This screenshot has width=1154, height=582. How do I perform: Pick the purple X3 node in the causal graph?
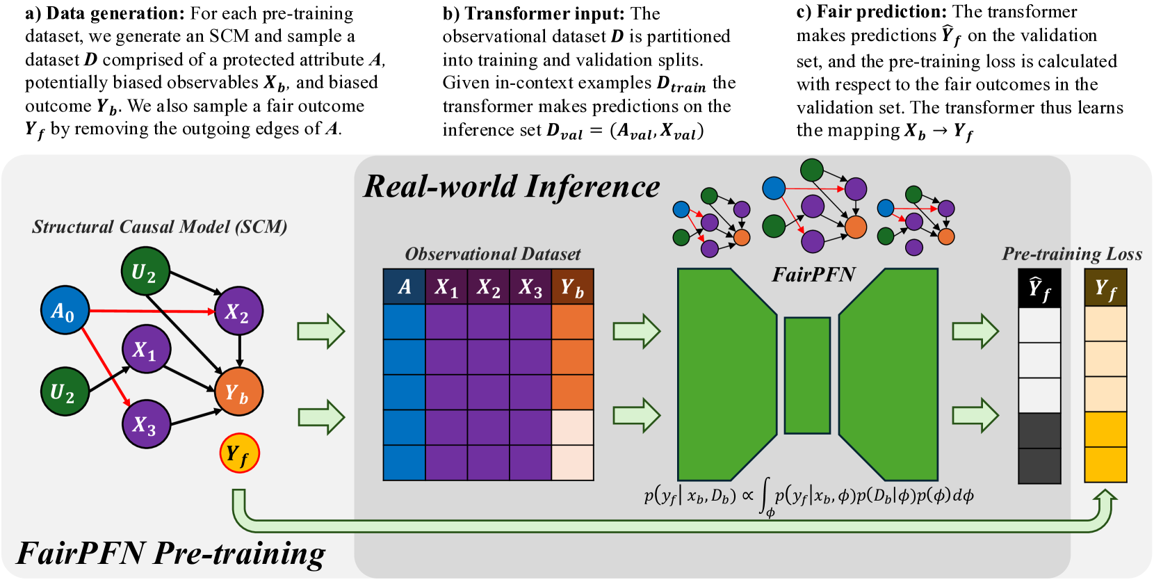pyautogui.click(x=146, y=423)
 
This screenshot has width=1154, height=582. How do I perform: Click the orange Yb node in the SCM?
pyautogui.click(x=238, y=392)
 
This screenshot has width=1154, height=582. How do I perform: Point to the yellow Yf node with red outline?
pyautogui.click(x=239, y=453)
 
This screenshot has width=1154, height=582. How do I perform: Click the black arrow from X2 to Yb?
pyautogui.click(x=239, y=351)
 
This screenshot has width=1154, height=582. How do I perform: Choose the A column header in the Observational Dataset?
pyautogui.click(x=404, y=286)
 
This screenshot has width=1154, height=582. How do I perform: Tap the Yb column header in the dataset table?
pyautogui.click(x=572, y=286)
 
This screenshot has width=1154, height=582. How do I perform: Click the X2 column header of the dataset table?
pyautogui.click(x=488, y=286)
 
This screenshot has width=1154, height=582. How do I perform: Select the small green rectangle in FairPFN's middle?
pyautogui.click(x=807, y=375)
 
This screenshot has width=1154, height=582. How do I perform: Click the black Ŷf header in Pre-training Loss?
pyautogui.click(x=1039, y=288)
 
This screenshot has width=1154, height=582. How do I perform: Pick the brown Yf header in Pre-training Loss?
pyautogui.click(x=1105, y=288)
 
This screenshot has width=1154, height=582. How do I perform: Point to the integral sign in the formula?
pyautogui.click(x=766, y=496)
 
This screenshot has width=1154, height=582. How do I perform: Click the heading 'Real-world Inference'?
pyautogui.click(x=512, y=186)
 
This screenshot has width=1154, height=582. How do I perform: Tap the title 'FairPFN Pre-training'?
pyautogui.click(x=171, y=553)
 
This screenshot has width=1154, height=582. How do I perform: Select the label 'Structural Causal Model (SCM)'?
pyautogui.click(x=159, y=227)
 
